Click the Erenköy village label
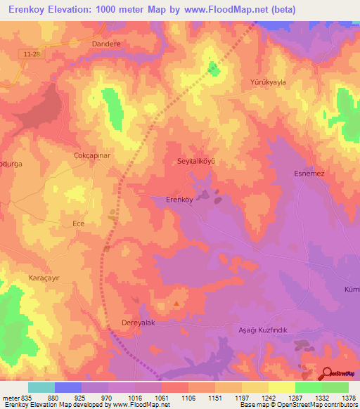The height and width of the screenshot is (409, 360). (179, 199)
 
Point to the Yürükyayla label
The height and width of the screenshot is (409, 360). (269, 82)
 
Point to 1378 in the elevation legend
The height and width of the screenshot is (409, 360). (348, 398)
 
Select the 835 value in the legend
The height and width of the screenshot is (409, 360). (27, 398)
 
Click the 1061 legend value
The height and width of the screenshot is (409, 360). (161, 398)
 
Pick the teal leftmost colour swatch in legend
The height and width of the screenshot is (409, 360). (41, 387)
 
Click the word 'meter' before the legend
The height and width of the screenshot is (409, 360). (10, 398)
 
